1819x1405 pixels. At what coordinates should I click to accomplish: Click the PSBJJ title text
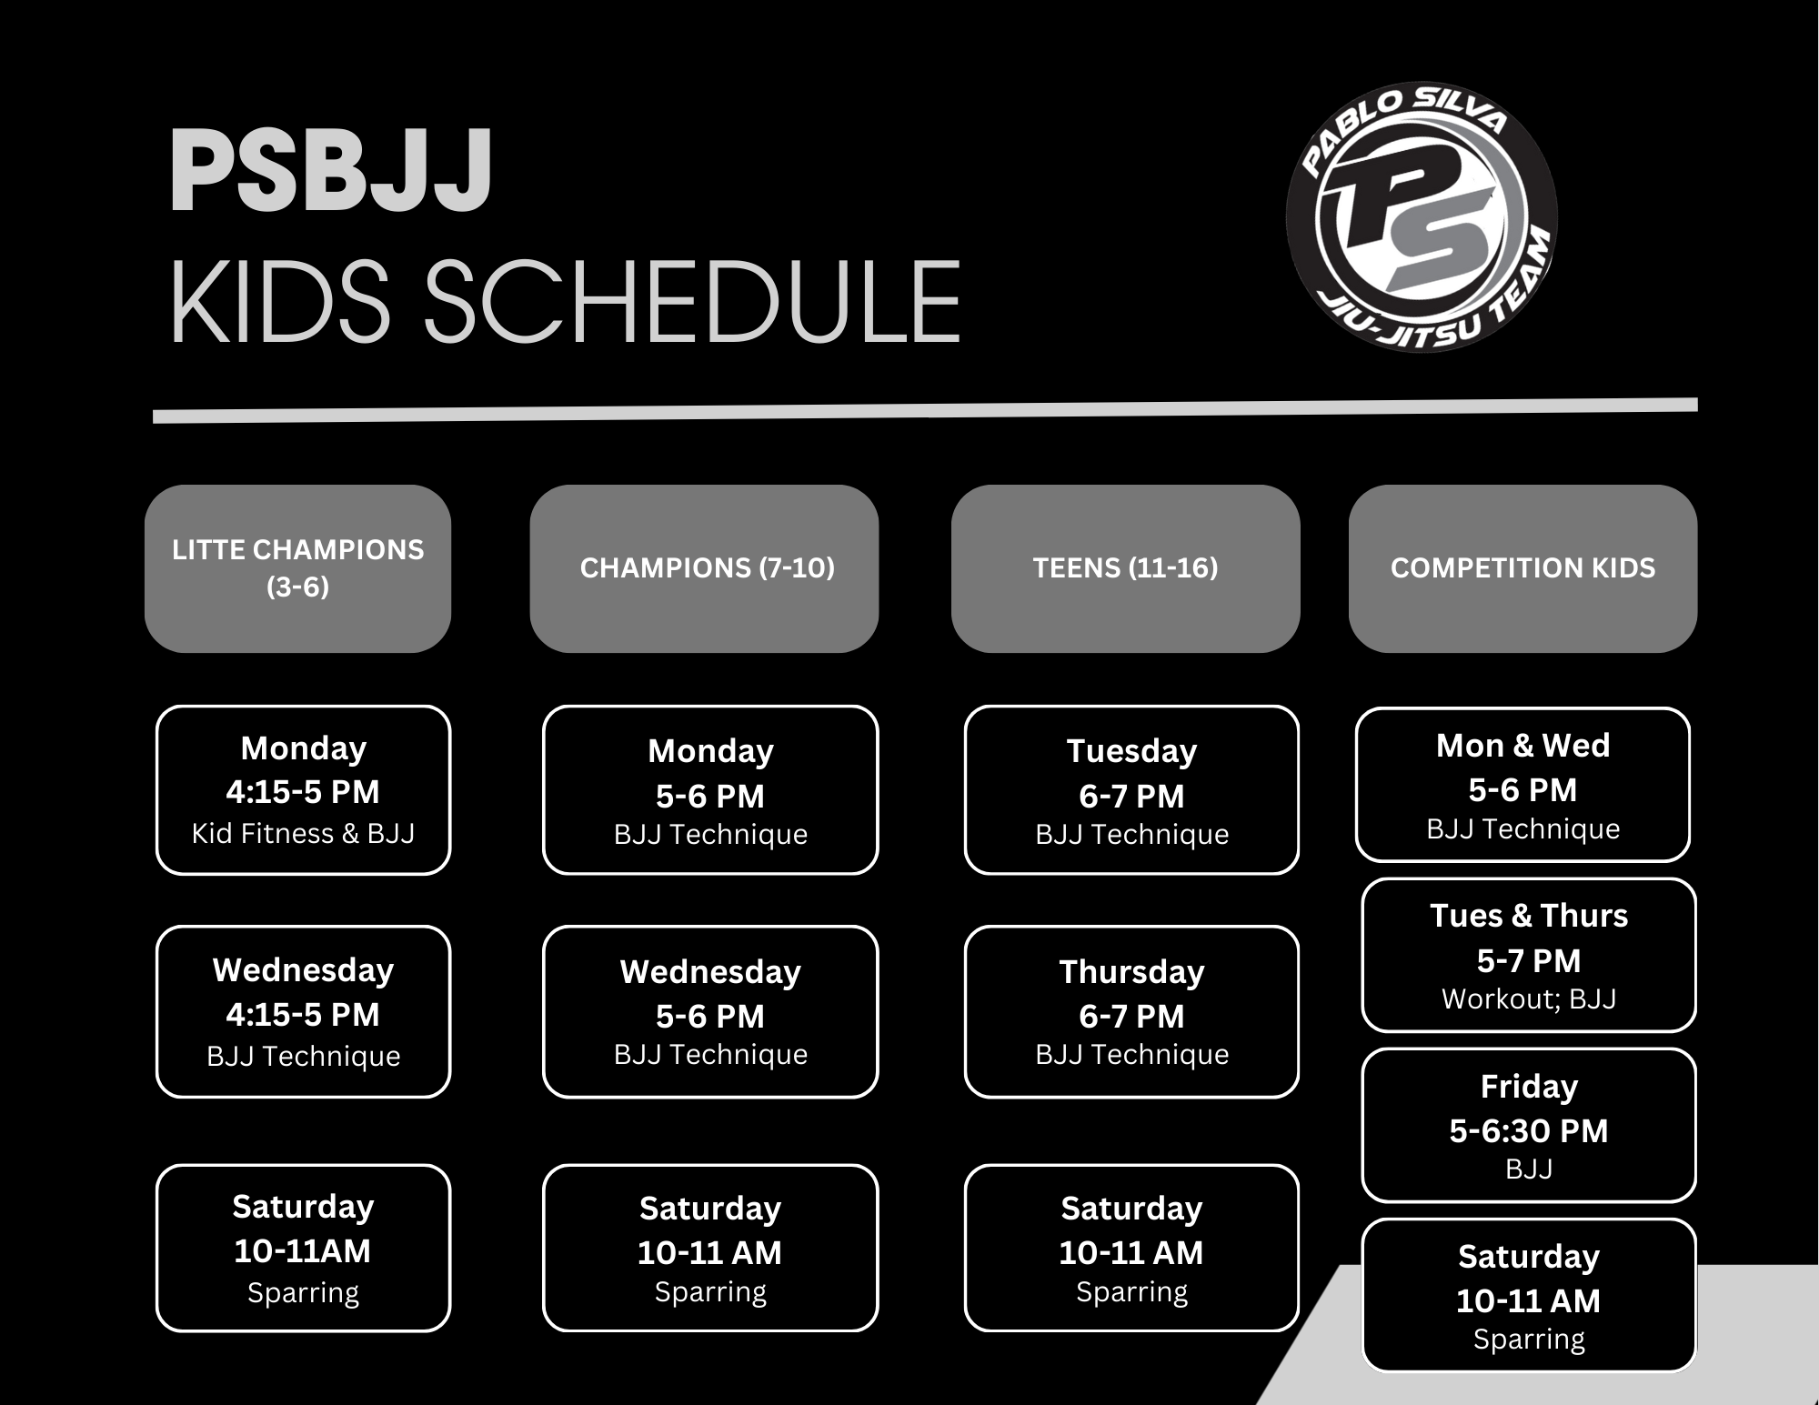click(331, 171)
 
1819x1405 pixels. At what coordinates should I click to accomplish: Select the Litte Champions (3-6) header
click(298, 568)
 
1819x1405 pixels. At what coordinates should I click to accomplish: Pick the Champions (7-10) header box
click(705, 568)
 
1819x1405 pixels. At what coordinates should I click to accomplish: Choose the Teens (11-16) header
click(1126, 568)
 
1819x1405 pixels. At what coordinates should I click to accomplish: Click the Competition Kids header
click(1523, 568)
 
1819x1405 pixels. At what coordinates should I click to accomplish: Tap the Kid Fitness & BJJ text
click(304, 834)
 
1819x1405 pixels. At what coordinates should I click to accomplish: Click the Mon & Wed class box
click(1523, 785)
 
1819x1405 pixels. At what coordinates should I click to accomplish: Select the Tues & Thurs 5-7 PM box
click(1529, 955)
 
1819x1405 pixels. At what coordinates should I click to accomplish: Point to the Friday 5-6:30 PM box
click(1529, 1126)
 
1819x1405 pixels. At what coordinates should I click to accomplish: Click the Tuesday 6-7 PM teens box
click(1132, 790)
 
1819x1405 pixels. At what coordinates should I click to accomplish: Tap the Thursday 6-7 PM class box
click(1132, 1012)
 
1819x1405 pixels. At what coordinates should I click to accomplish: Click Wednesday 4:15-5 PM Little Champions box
click(304, 1012)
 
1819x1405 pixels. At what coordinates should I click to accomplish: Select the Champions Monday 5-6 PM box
click(711, 790)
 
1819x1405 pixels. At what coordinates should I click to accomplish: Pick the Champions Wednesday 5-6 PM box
click(711, 1012)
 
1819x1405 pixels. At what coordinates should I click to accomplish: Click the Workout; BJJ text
click(1529, 999)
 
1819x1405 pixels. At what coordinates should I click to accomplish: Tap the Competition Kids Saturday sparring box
click(1529, 1295)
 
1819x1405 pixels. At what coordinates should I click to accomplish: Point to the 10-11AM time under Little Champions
click(303, 1251)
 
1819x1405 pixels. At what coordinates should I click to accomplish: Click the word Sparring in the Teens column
click(1132, 1292)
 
